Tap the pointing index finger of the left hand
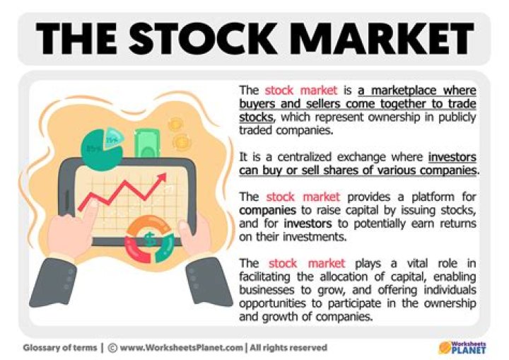point(83,212)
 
